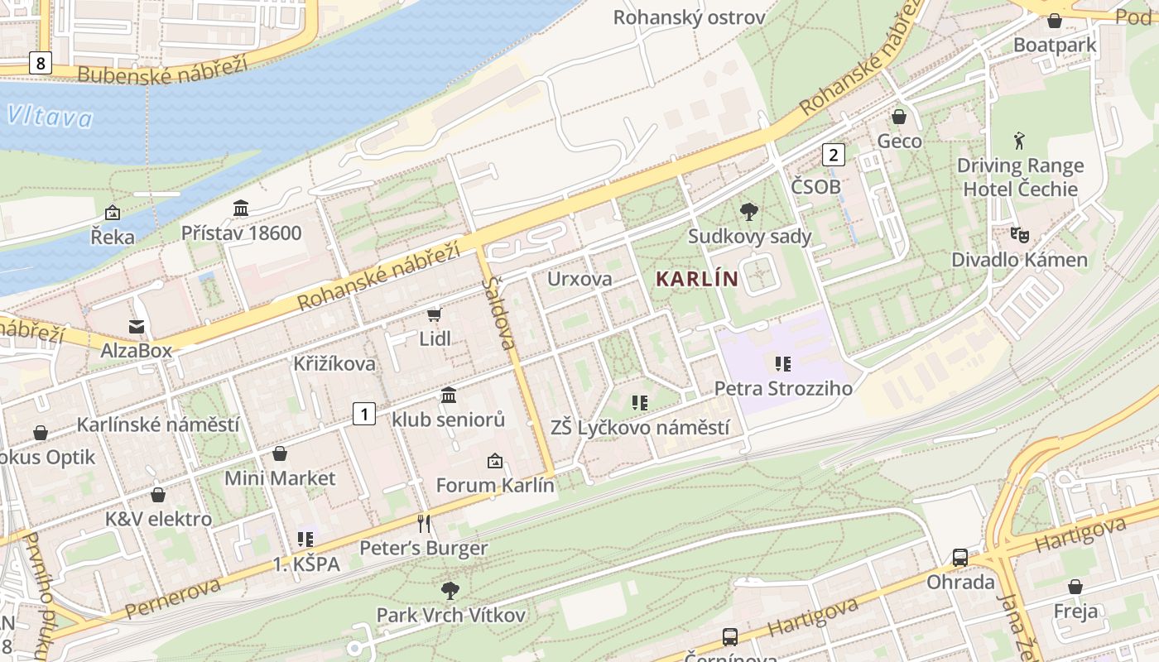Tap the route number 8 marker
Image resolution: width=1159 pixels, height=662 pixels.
39,61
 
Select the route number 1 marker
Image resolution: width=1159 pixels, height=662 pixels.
364,413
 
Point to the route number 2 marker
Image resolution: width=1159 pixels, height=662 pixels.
833,154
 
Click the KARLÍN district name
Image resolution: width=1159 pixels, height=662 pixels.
696,279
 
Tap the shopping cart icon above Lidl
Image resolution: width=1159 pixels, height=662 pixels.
434,314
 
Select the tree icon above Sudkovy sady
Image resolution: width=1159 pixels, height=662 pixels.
748,212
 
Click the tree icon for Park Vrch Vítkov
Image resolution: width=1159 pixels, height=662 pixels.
450,591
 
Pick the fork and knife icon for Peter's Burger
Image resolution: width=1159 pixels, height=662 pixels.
424,524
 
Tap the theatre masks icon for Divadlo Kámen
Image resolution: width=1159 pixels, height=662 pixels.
1019,235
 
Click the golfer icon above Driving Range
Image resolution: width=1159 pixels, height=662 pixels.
1019,141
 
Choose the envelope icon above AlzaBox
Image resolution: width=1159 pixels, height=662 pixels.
136,327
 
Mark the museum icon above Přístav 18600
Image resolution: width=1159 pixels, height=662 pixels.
241,208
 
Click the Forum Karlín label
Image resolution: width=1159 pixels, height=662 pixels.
495,485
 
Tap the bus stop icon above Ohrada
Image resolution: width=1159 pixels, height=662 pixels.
960,558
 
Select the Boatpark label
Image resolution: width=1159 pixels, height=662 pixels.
1055,45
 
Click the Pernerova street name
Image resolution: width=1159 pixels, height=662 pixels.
173,597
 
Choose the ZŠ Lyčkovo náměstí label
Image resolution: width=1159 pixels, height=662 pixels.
640,428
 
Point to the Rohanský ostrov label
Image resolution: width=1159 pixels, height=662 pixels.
689,17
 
